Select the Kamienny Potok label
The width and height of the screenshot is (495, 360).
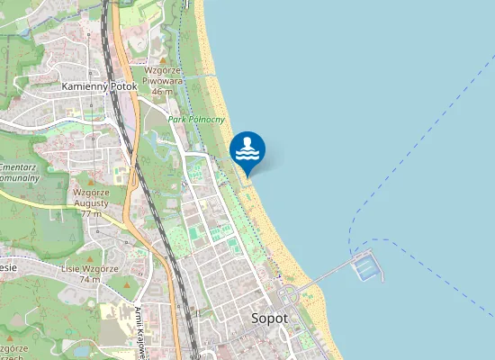coord(98,86)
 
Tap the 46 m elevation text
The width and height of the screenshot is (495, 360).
coord(162,91)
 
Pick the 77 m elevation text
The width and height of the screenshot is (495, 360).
coord(91,213)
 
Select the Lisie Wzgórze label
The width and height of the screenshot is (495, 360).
coord(90,268)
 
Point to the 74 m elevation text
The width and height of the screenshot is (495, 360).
coord(89,280)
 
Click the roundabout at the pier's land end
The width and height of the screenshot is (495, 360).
coord(289,296)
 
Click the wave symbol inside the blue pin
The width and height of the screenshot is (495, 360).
coord(247,153)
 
